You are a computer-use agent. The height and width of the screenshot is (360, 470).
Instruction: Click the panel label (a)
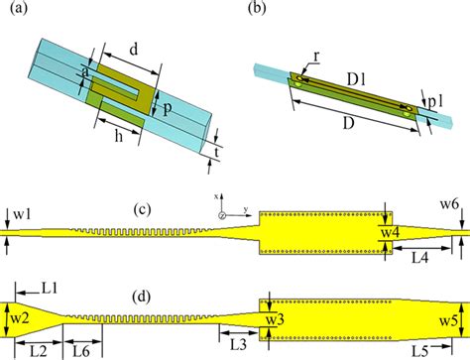tap(19, 11)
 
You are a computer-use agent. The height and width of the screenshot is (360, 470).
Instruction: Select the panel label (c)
tap(145, 209)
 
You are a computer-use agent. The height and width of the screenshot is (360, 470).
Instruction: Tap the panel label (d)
tap(145, 295)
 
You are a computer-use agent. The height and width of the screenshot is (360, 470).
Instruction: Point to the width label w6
tap(450, 204)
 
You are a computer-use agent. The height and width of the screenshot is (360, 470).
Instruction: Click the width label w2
tap(20, 316)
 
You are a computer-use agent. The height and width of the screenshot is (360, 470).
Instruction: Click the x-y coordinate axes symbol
tap(224, 210)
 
